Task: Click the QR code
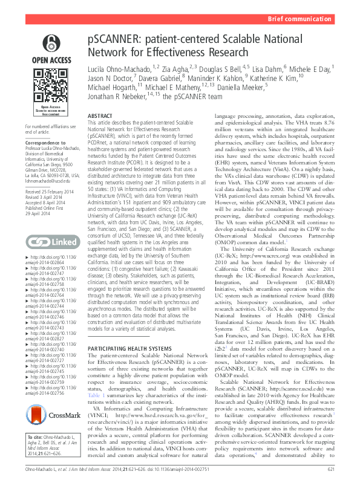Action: (50, 85)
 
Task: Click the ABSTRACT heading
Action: (100, 115)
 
